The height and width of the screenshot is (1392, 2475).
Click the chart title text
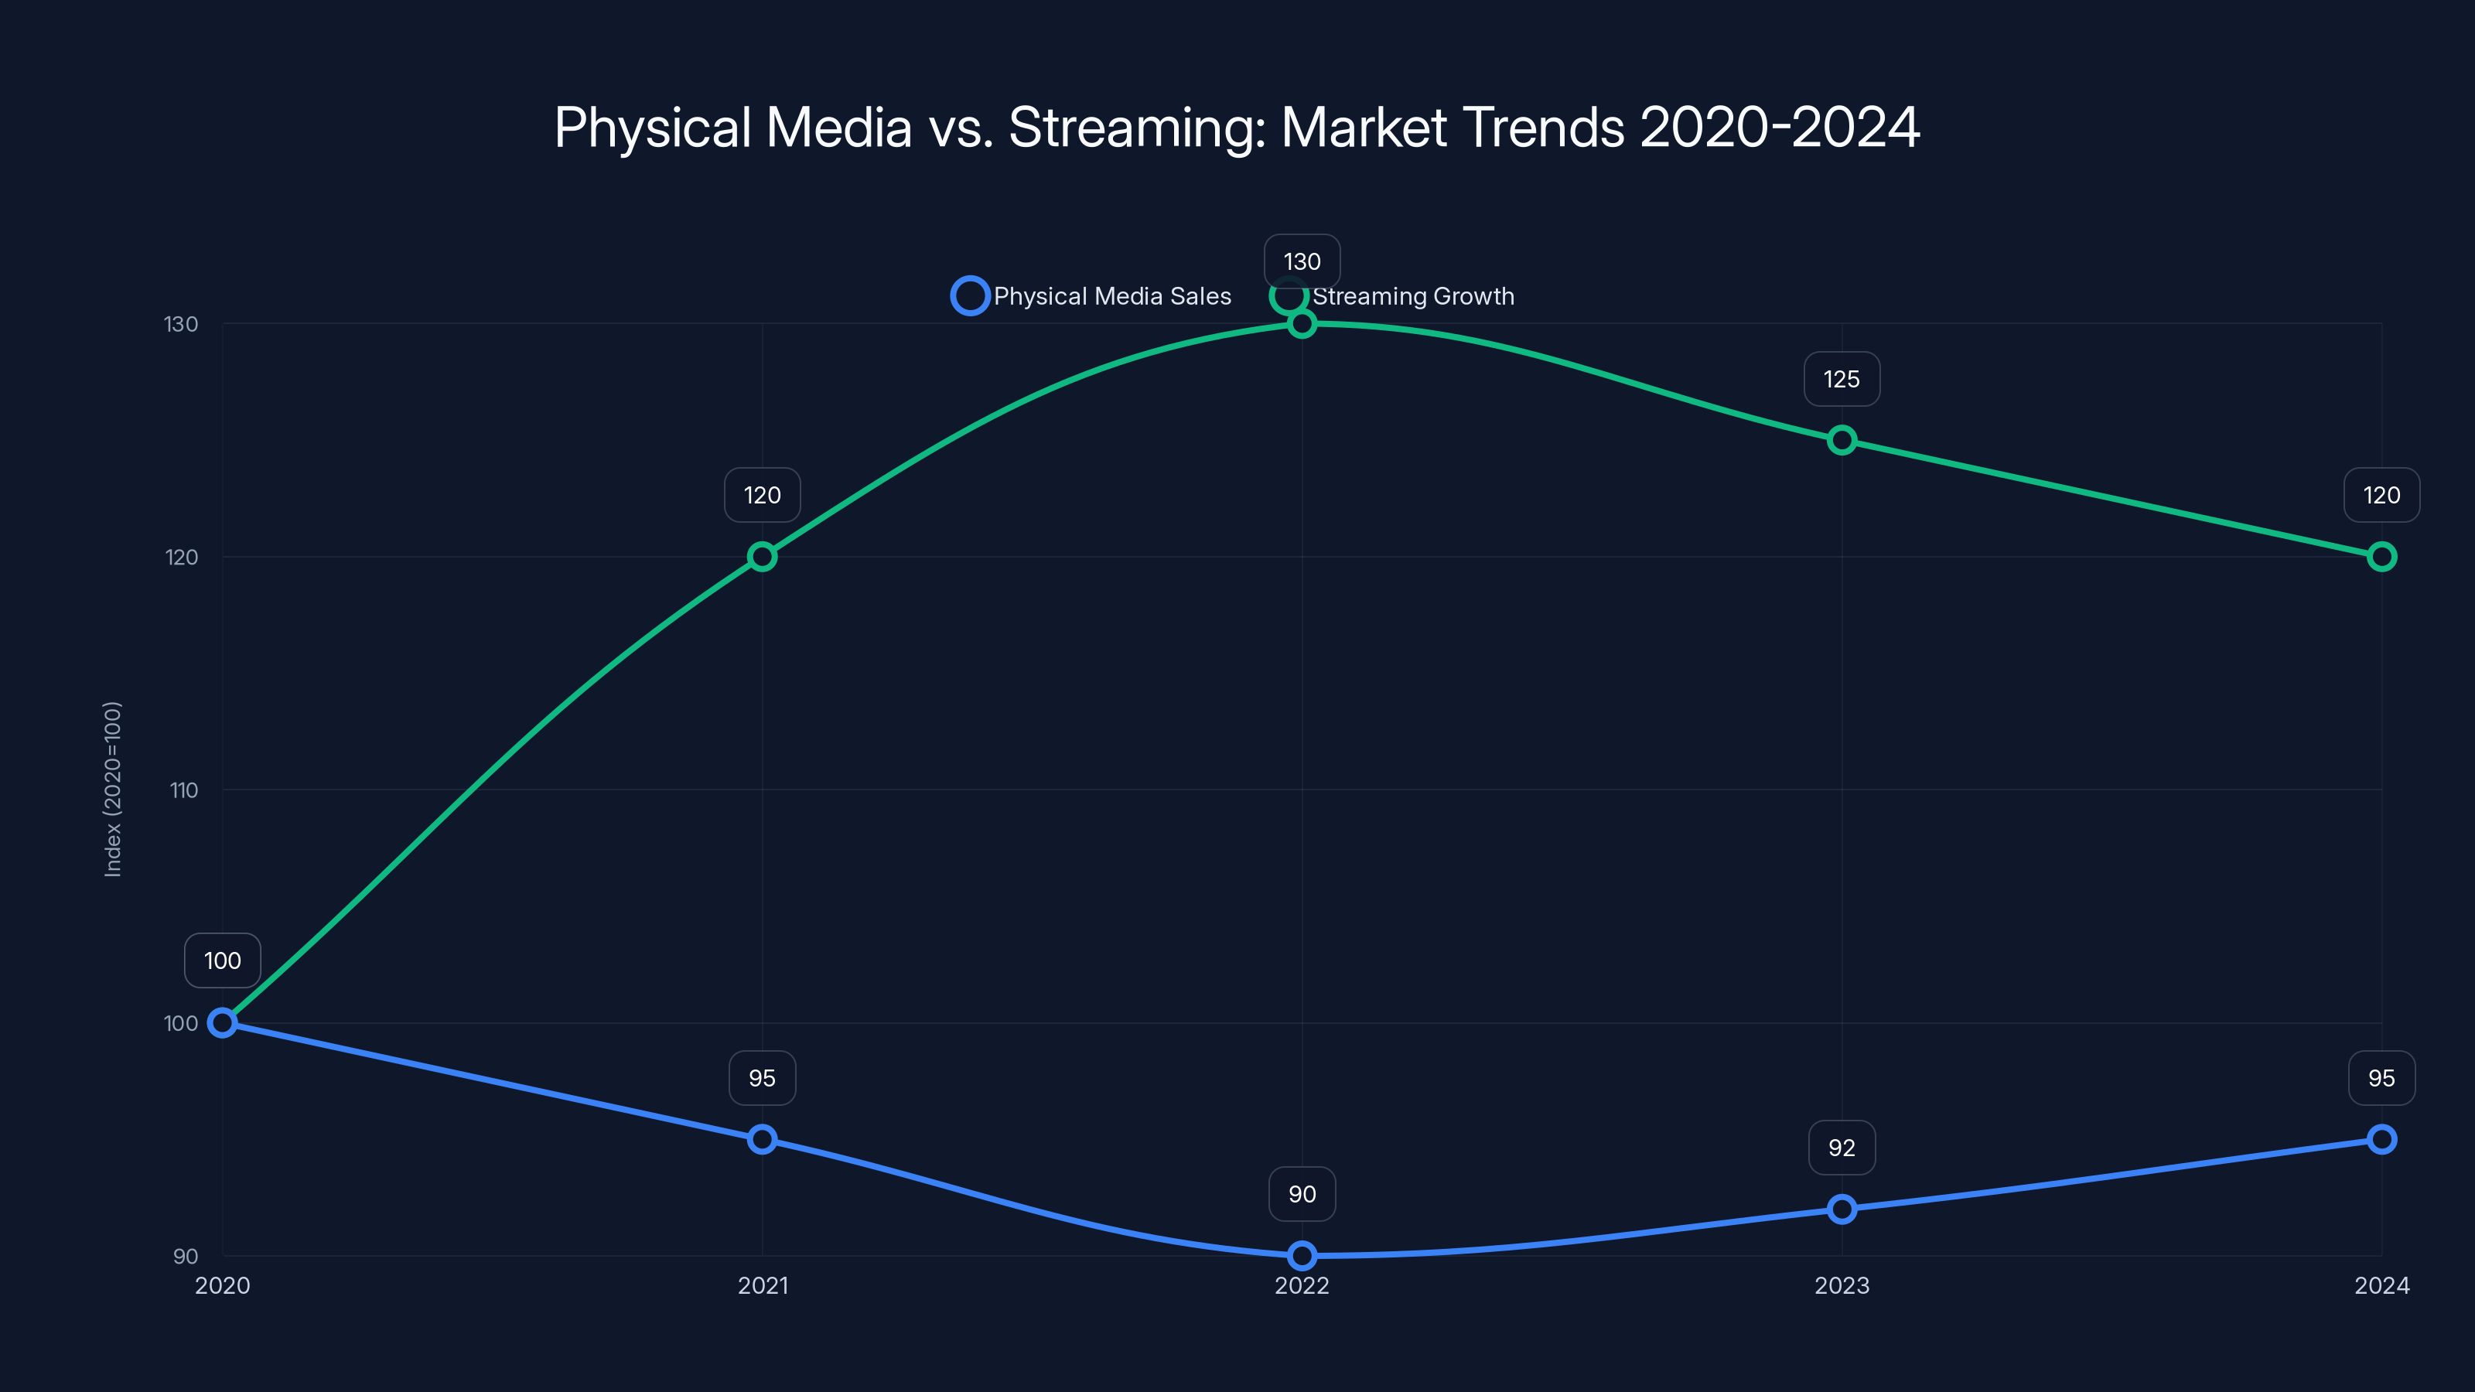click(1237, 127)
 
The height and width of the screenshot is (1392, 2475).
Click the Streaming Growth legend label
click(1412, 296)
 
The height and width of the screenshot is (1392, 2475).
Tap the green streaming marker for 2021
click(762, 557)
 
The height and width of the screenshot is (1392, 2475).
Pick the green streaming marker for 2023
click(1842, 440)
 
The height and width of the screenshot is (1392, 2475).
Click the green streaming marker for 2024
click(2381, 557)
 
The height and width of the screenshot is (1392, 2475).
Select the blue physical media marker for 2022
click(1302, 1256)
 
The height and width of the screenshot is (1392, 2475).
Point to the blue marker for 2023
click(1842, 1209)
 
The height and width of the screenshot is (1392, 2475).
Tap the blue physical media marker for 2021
click(762, 1139)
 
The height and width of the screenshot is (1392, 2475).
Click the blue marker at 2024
click(2381, 1139)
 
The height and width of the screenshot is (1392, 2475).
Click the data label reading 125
click(1841, 380)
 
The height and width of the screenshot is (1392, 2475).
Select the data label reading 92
click(1841, 1148)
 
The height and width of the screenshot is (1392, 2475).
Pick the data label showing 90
click(1302, 1194)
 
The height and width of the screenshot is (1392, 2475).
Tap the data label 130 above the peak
click(1302, 261)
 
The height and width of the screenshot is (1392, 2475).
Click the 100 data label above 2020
click(222, 960)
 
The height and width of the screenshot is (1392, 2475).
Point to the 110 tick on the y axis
click(183, 790)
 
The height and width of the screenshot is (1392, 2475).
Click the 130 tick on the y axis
click(181, 325)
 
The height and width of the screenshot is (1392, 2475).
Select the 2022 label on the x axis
click(1302, 1286)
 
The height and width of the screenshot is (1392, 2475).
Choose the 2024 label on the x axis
click(2381, 1286)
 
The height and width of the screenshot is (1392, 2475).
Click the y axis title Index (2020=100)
click(112, 789)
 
